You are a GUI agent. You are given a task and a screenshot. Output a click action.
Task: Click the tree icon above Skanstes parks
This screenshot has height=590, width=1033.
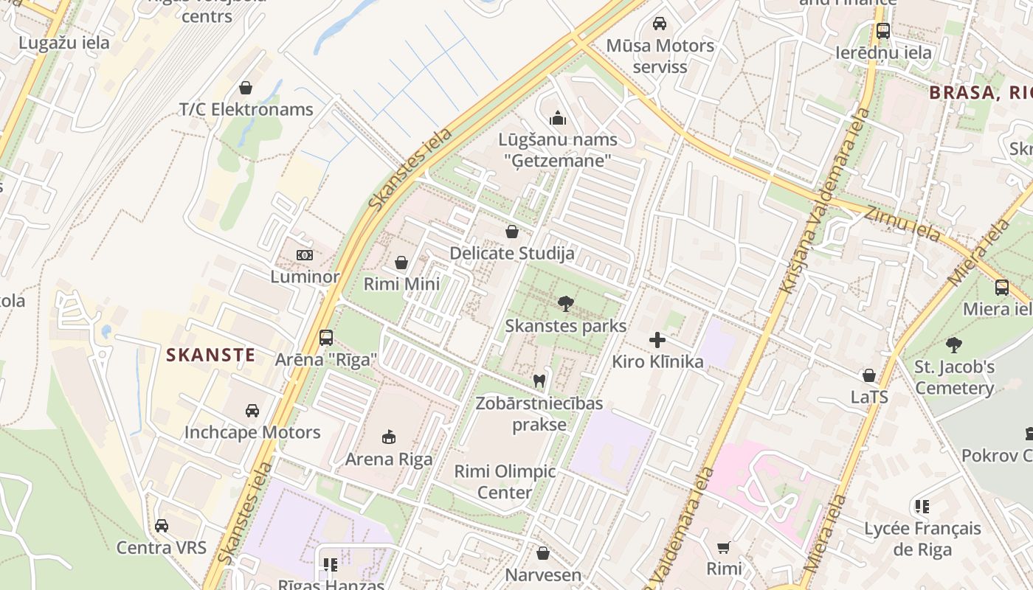566,303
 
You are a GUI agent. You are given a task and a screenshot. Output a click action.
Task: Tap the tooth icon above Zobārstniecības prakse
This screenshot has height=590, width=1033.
539,381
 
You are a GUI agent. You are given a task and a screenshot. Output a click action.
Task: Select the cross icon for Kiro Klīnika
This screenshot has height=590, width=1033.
657,340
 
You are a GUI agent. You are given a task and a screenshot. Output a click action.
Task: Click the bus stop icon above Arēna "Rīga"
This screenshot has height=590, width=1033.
325,338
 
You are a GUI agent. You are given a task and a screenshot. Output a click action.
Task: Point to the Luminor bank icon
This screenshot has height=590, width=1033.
304,255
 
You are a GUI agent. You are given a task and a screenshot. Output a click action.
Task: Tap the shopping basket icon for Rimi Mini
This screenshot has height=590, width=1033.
401,263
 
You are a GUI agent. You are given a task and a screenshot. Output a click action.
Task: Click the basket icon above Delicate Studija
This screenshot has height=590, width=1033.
511,232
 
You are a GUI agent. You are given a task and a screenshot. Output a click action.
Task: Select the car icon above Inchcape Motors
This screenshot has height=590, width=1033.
252,410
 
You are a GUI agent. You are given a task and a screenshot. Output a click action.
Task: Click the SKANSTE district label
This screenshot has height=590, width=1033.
210,355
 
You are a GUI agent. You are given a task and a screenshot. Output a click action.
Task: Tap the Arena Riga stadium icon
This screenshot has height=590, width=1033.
389,437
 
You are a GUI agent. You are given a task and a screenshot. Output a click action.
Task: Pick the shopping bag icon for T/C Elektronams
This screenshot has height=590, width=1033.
246,88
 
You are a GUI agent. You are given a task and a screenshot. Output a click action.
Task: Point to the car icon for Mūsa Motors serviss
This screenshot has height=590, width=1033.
660,24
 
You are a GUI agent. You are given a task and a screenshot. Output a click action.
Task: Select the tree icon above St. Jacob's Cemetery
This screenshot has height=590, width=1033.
954,344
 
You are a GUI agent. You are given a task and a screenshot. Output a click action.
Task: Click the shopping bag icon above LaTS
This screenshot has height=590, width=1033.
869,375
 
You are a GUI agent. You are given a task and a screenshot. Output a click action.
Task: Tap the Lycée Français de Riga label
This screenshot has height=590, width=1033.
922,539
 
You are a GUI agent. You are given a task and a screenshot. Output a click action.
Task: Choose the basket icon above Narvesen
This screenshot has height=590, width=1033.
543,553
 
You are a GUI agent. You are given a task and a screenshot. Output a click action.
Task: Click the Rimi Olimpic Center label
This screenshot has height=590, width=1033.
505,482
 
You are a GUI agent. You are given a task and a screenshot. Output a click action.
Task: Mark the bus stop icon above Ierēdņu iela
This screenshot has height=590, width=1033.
882,31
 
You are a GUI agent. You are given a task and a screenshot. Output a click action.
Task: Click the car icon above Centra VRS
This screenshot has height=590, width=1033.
162,526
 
